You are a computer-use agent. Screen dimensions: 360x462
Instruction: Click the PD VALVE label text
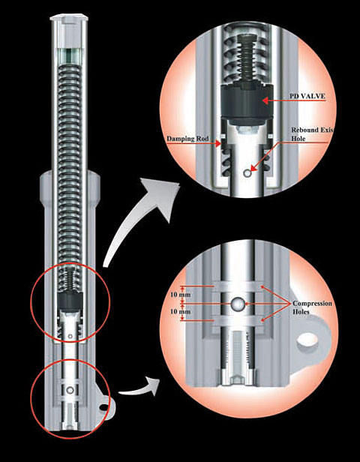pyautogui.click(x=307, y=96)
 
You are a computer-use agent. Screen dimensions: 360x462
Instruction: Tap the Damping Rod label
pyautogui.click(x=187, y=139)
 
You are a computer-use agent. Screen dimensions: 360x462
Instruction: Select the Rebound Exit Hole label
pyautogui.click(x=312, y=134)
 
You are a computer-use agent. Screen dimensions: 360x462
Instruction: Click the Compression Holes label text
pyautogui.click(x=312, y=307)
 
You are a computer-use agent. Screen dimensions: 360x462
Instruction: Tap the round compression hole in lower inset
pyautogui.click(x=238, y=304)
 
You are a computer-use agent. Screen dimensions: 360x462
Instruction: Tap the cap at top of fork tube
pyautogui.click(x=69, y=18)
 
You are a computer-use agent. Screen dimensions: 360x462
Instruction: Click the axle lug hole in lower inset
pyautogui.click(x=307, y=340)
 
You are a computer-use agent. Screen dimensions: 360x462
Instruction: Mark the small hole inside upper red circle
pyautogui.click(x=70, y=337)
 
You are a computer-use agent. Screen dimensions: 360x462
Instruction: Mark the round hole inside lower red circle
pyautogui.click(x=70, y=391)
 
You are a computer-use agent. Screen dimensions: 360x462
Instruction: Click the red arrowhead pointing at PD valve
pyautogui.click(x=265, y=100)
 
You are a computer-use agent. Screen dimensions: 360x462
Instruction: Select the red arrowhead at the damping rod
pyautogui.click(x=218, y=143)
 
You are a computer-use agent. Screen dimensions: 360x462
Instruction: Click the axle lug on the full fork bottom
pyautogui.click(x=105, y=407)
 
